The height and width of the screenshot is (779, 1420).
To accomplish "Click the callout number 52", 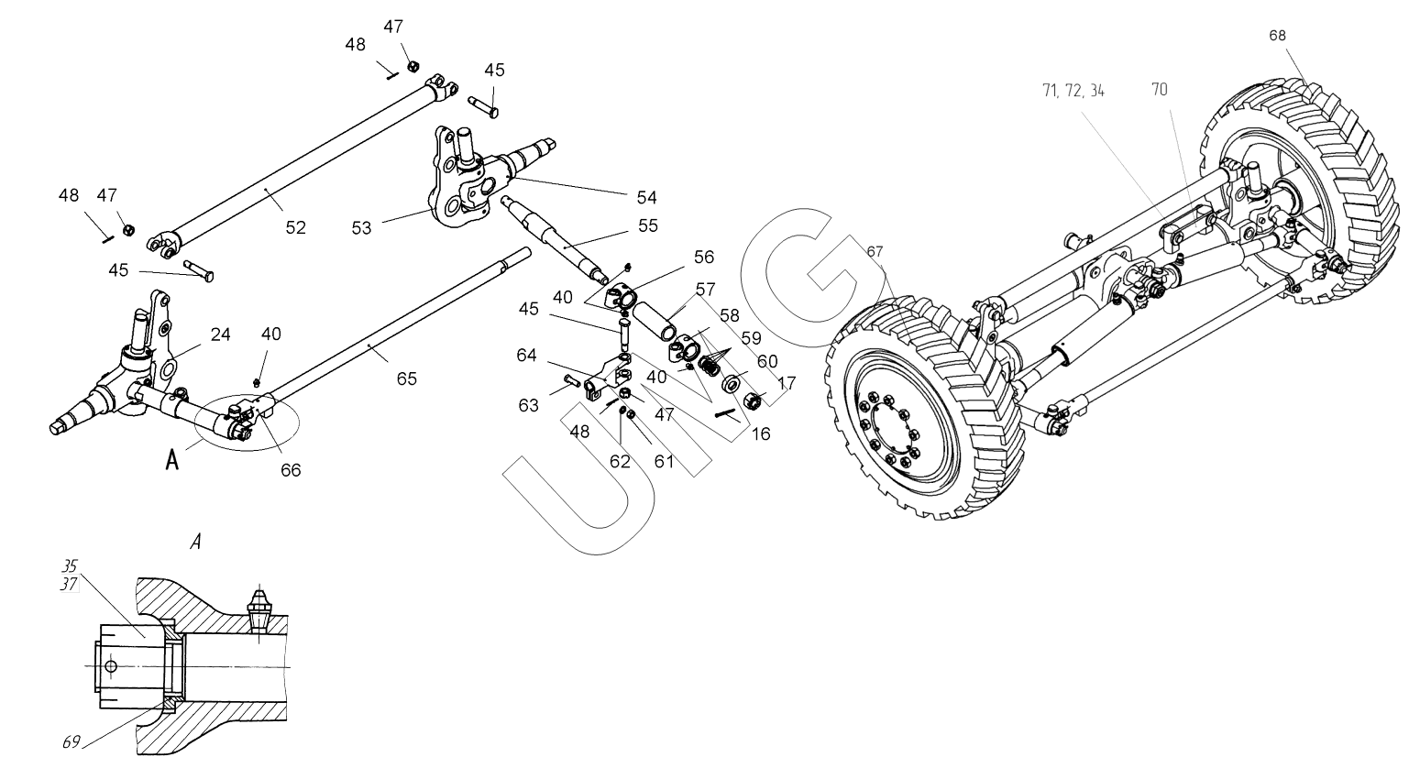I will click(294, 227).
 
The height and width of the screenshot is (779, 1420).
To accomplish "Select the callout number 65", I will click(407, 379).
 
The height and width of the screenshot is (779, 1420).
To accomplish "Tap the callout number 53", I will click(362, 227).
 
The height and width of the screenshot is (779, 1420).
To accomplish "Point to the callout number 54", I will click(648, 197).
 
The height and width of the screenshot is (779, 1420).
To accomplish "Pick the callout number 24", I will click(220, 335).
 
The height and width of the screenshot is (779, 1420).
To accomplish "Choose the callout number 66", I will click(291, 470).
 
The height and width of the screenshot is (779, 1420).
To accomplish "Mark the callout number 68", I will click(1278, 35).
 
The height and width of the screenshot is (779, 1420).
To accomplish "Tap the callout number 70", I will click(1159, 91).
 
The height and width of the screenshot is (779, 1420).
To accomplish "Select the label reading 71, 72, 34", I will click(1073, 91).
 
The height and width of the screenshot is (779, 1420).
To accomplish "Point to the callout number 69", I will click(71, 742).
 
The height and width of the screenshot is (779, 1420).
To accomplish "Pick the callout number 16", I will click(761, 434).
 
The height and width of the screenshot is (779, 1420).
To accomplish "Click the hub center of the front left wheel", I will click(888, 426).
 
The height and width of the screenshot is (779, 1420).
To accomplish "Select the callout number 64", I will click(526, 356).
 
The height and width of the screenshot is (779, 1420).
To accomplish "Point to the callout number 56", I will click(703, 258).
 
